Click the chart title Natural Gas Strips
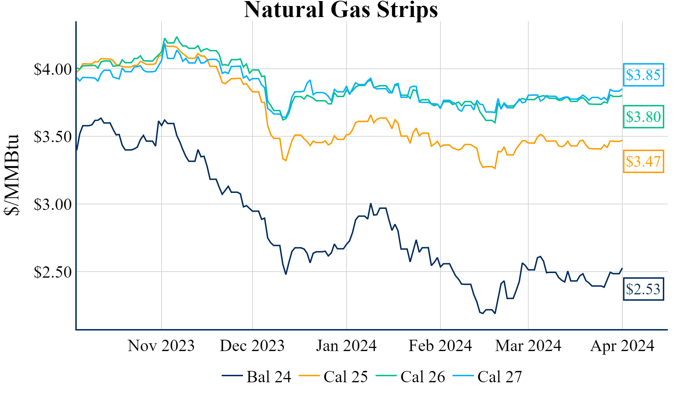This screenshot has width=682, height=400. click(341, 10)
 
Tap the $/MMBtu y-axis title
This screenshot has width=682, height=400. click(12, 175)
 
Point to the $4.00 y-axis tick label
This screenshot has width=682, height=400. click(53, 69)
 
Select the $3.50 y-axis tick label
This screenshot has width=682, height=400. click(53, 137)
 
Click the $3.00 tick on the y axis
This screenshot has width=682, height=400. click(53, 205)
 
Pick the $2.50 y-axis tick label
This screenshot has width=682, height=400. click(53, 272)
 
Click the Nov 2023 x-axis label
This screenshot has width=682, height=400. click(161, 346)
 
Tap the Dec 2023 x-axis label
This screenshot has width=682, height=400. click(252, 346)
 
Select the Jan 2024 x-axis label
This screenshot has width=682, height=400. click(346, 346)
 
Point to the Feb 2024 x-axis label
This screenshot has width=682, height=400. click(440, 346)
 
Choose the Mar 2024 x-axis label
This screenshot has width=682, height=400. click(528, 346)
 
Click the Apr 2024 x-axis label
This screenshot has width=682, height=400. click(622, 346)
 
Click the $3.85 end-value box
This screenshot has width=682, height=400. click(643, 75)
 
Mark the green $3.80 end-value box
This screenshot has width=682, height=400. click(643, 117)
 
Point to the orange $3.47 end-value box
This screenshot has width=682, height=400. click(643, 162)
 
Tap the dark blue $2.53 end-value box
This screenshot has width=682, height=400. click(643, 289)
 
